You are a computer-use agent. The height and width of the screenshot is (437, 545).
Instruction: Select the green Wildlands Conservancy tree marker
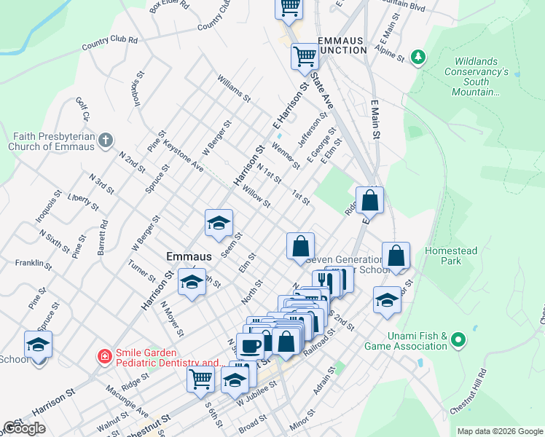418,57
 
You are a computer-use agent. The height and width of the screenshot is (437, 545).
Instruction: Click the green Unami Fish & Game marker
458,339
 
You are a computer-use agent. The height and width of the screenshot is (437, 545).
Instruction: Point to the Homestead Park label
451,256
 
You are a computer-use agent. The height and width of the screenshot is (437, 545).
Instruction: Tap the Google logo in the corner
23,428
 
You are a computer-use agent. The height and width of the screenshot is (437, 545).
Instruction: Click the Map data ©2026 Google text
500,431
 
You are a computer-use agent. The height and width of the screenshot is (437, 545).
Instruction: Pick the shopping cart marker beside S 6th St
200,378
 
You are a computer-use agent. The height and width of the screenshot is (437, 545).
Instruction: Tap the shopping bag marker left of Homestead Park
396,256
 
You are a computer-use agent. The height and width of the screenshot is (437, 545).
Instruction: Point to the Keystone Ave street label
183,154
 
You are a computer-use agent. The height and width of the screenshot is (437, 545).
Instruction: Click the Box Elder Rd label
169,7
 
